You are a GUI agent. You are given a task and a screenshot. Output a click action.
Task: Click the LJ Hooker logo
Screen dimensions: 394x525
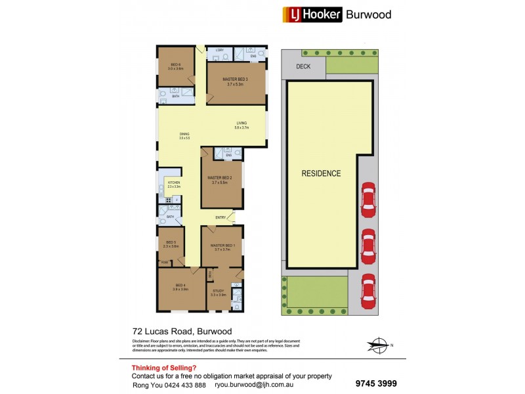click(x=312, y=14)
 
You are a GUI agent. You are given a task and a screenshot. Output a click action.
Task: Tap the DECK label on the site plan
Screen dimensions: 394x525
click(x=303, y=66)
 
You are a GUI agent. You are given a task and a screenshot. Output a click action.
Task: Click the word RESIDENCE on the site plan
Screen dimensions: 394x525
click(x=321, y=174)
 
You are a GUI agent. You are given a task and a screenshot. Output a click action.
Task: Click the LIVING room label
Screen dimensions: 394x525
click(x=241, y=123)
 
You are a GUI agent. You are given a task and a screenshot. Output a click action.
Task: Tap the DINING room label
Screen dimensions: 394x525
click(x=184, y=134)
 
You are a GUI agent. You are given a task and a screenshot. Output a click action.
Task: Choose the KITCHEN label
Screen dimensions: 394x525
click(x=173, y=183)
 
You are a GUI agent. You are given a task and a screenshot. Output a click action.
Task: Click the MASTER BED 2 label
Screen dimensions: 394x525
click(x=220, y=178)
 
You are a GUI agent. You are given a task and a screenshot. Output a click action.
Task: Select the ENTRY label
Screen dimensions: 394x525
click(x=220, y=218)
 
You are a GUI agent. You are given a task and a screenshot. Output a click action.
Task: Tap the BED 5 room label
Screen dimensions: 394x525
click(x=171, y=242)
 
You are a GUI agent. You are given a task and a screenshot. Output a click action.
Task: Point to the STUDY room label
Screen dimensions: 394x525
click(x=218, y=291)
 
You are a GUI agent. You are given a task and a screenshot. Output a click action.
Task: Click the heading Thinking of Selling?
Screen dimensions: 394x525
click(x=163, y=368)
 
